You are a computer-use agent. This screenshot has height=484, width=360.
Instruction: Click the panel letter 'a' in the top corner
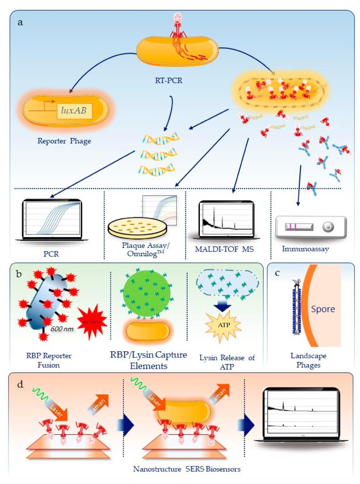(x=20, y=22)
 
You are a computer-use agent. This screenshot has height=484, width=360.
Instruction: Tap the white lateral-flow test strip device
(x=310, y=225)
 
